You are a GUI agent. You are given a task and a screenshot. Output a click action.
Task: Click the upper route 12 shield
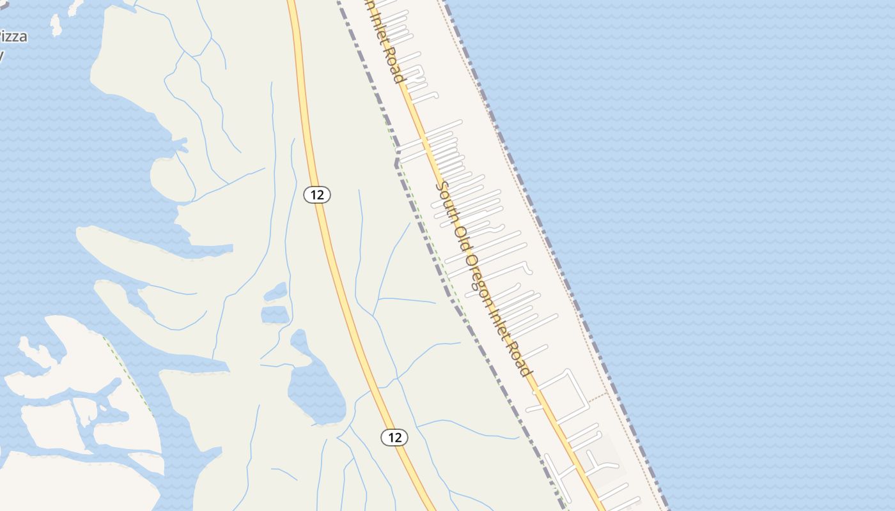pyautogui.click(x=316, y=194)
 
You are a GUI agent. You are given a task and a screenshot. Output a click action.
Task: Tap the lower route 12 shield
pyautogui.click(x=394, y=438)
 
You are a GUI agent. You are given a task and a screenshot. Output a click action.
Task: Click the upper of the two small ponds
pyautogui.click(x=276, y=292)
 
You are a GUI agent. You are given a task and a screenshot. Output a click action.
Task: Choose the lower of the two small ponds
pyautogui.click(x=275, y=314)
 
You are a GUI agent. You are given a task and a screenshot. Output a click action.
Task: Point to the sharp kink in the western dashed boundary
pyautogui.click(x=397, y=164)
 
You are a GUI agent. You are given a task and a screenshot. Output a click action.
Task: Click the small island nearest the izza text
pyautogui.click(x=56, y=26)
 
